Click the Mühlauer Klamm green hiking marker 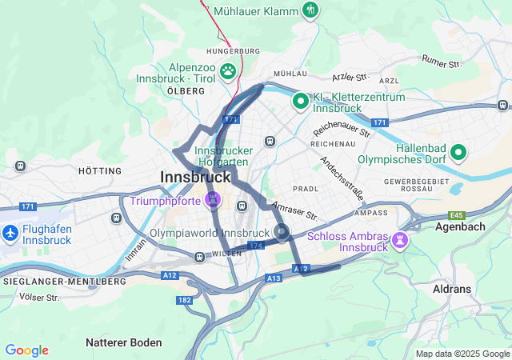coord(311,10)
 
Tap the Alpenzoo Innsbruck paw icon coord(229,71)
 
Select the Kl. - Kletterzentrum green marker coord(300,101)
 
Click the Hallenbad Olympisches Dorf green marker coord(458,151)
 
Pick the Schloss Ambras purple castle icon coord(398,239)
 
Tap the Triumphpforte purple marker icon coord(213,198)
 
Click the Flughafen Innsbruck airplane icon coord(10,233)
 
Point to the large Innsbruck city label coord(195,177)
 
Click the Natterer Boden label coord(123,342)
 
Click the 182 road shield coord(184,300)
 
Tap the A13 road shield coord(274,278)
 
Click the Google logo coord(26,350)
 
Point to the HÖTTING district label coord(100,171)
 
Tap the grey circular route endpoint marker coord(282,233)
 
